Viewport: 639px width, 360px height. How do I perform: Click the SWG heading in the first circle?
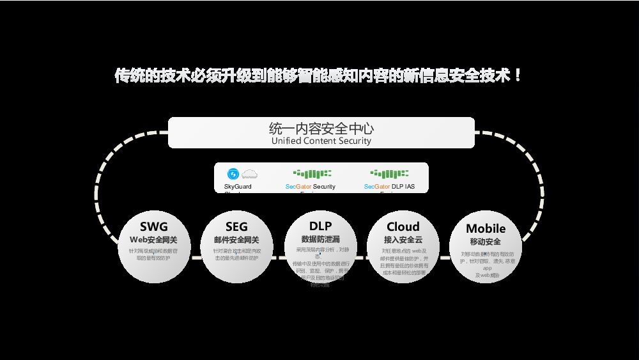154,226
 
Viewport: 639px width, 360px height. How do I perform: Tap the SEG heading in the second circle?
236,227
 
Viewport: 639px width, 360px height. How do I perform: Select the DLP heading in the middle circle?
320,226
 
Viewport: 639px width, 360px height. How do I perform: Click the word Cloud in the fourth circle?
403,226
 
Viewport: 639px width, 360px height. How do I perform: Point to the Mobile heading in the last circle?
486,228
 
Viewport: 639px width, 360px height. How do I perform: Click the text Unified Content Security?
321,141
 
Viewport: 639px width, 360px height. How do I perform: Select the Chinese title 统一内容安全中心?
321,128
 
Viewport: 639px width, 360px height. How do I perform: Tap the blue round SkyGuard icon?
233,173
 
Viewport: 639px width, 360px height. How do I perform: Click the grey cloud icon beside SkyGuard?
249,173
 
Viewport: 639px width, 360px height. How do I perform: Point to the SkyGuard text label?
238,187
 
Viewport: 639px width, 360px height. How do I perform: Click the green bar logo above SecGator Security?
312,173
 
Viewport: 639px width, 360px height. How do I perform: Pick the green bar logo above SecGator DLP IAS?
390,173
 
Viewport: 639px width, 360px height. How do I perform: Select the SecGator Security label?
311,187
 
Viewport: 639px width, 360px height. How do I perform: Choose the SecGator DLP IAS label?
389,187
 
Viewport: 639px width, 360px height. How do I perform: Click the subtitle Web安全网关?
154,240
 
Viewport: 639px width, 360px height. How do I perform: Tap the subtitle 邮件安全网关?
236,240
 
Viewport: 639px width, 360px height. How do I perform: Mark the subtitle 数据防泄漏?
320,239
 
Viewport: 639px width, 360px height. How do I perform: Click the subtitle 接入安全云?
403,240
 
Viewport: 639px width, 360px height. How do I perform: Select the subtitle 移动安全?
486,242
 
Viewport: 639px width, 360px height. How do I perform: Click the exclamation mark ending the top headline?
518,75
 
